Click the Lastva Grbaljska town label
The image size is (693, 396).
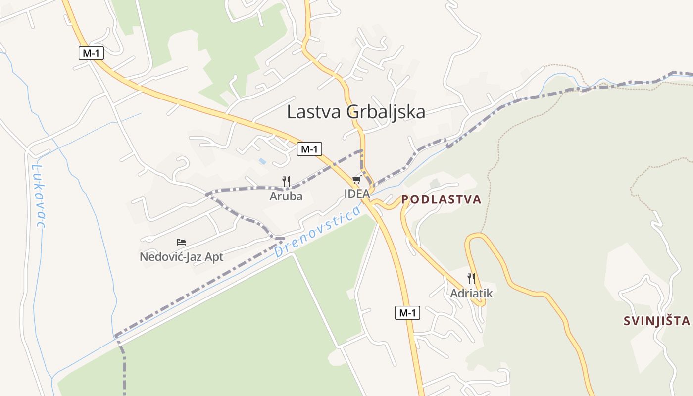(x=356, y=112)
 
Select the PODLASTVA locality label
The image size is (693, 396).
(x=441, y=199)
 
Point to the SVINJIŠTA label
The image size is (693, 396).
(x=656, y=321)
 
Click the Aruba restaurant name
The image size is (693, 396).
(x=286, y=197)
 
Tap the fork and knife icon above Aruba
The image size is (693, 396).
(x=286, y=181)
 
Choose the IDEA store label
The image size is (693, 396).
(x=357, y=194)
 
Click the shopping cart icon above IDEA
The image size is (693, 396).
(x=357, y=179)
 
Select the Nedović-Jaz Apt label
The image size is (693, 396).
(x=181, y=257)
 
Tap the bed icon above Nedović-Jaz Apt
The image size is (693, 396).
(x=181, y=242)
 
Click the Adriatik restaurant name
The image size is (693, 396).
(x=471, y=294)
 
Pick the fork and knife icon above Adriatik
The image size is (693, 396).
(x=471, y=278)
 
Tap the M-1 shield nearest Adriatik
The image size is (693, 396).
(x=407, y=313)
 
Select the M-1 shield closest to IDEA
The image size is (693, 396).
(x=309, y=148)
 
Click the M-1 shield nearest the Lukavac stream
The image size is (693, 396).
(x=91, y=53)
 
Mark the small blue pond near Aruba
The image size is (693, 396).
(x=262, y=161)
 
